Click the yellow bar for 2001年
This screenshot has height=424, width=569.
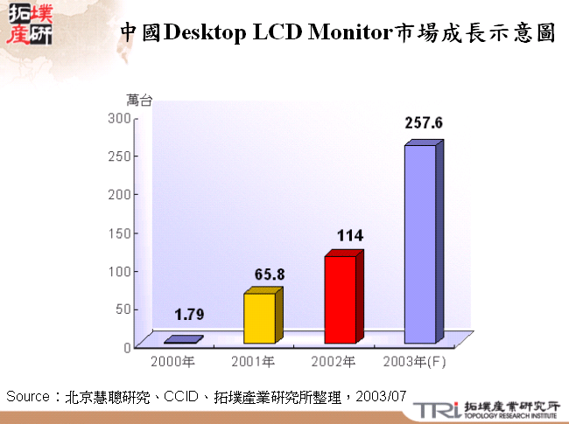(259, 318)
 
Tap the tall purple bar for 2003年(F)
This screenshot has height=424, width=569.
(420, 244)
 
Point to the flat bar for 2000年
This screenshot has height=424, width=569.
(183, 339)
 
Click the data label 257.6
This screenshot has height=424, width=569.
(424, 123)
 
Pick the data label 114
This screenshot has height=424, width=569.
(349, 236)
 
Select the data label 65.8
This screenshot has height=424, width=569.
(270, 274)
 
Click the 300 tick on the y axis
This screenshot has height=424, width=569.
(120, 117)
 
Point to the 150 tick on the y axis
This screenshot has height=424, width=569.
(120, 232)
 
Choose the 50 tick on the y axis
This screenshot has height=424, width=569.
(123, 308)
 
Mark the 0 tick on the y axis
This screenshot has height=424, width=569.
(127, 346)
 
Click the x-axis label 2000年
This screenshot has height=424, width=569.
(172, 361)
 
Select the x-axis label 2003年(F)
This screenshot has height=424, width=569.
(415, 361)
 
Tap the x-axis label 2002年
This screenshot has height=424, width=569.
(334, 361)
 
